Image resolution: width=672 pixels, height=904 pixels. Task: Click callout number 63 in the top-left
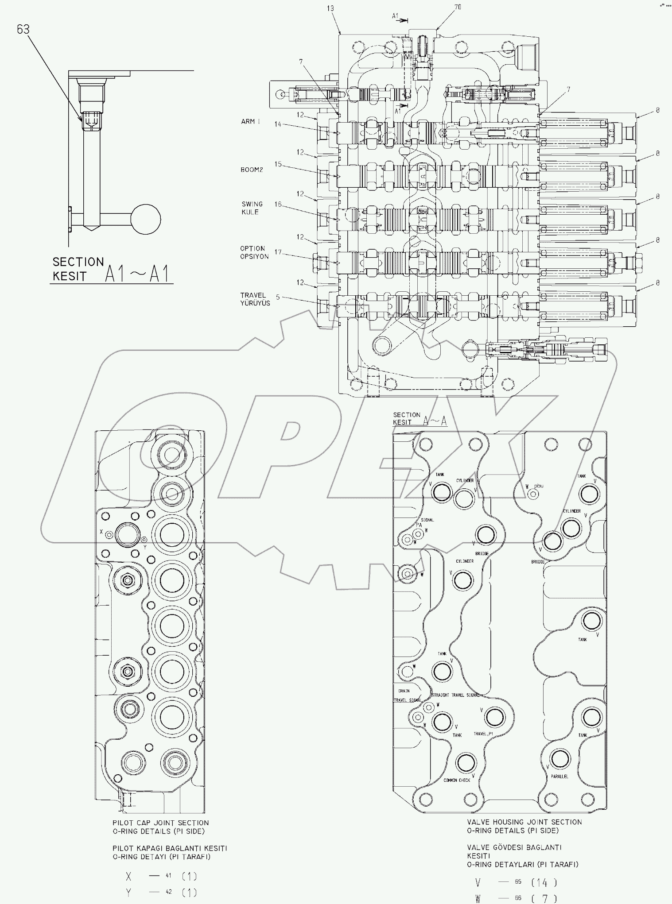[23, 29]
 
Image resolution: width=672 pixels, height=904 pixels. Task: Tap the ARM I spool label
[251, 121]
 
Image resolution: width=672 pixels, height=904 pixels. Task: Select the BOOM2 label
[252, 170]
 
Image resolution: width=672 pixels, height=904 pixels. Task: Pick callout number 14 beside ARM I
[278, 124]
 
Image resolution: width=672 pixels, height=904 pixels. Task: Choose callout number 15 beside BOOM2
[278, 164]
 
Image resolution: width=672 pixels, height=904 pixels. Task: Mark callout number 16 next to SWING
[278, 204]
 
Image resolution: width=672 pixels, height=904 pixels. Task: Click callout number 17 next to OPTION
[278, 252]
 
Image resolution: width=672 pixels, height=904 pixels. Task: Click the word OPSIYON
[254, 257]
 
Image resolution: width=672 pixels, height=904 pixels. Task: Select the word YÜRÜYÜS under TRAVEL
[255, 303]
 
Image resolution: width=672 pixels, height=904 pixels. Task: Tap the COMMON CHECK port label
[457, 780]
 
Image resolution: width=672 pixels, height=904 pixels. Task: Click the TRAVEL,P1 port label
[483, 734]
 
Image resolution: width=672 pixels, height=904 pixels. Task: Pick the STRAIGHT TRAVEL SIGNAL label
[455, 695]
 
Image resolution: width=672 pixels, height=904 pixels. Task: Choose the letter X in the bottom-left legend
[128, 876]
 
